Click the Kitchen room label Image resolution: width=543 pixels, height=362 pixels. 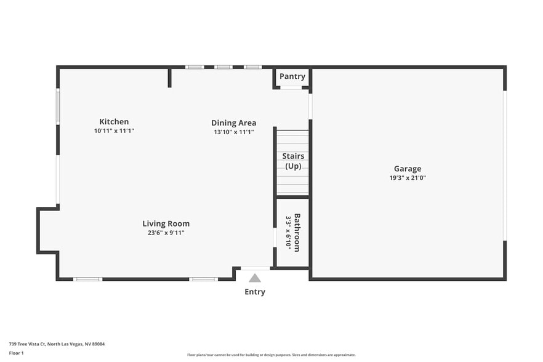click(x=114, y=122)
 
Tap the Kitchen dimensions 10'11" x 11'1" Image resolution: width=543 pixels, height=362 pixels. click(x=114, y=131)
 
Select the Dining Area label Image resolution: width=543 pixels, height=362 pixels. click(x=233, y=123)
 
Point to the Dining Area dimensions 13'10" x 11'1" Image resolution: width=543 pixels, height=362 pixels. click(x=233, y=132)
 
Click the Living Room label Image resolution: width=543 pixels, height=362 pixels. click(x=166, y=224)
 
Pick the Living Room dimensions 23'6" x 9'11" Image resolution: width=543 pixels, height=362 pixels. click(x=166, y=233)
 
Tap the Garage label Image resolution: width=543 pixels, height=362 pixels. click(x=408, y=169)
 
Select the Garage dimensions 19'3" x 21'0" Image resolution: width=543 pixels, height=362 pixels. click(x=408, y=178)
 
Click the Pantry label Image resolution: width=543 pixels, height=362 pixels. click(x=292, y=76)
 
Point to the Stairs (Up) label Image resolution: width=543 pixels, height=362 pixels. click(x=293, y=161)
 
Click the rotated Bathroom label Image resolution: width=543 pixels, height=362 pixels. click(x=297, y=233)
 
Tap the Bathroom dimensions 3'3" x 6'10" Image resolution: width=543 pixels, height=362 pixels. click(x=288, y=233)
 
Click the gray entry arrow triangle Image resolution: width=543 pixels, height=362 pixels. click(x=255, y=278)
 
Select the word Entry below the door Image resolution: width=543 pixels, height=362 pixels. click(x=255, y=292)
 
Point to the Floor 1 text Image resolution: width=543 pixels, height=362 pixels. click(x=16, y=353)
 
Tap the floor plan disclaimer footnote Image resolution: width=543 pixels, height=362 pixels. click(x=271, y=355)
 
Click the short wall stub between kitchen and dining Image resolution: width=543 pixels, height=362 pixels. click(x=169, y=78)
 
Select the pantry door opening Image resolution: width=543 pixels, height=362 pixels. click(x=291, y=87)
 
